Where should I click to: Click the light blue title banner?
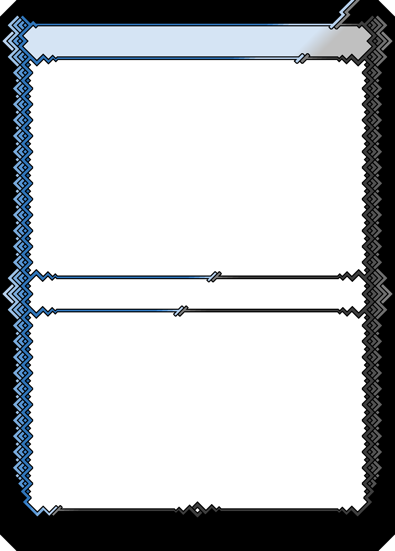(x=158, y=41)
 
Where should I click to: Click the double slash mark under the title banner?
(x=302, y=58)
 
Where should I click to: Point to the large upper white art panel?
(x=197, y=166)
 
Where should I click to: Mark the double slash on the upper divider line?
(x=214, y=277)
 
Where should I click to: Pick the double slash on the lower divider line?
(x=181, y=311)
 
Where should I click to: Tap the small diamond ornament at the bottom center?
(x=197, y=509)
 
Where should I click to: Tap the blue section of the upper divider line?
(x=132, y=277)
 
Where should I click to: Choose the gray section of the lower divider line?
(x=263, y=311)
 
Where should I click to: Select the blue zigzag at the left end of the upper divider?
(x=45, y=276)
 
